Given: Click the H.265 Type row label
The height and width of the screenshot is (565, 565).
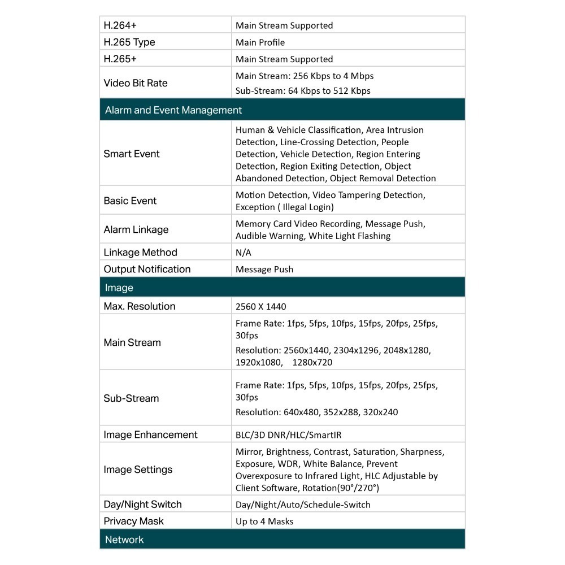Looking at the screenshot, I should coord(129,42).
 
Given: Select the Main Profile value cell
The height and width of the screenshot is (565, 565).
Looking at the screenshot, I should coord(260,42).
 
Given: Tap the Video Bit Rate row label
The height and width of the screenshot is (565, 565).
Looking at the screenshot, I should coord(136,83).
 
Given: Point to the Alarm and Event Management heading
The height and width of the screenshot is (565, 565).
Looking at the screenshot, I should coord(173,110).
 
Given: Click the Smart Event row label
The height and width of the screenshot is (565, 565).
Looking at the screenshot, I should coord(132,154).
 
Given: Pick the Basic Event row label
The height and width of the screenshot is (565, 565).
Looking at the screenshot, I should coord(130,201).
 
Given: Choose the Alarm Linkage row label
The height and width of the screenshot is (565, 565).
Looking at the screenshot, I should coord(136,229).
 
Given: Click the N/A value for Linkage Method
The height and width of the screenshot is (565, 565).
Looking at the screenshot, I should coord(244,253).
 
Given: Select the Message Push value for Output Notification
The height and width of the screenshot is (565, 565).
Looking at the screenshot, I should coord(264,270).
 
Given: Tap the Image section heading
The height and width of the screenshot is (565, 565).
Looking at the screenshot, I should coord(119,288).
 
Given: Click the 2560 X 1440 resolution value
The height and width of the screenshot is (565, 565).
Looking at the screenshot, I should coord(261,307).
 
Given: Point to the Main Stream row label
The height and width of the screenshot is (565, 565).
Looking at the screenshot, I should coord(132,342).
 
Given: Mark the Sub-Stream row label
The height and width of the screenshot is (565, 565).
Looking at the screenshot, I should coord(131,398).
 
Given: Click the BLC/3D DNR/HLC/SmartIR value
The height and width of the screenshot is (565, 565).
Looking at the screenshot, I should coord(289,435).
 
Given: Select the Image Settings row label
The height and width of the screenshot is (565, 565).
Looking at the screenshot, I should coord(138,470).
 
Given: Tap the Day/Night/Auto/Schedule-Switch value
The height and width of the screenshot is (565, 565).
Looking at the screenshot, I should coord(303,505).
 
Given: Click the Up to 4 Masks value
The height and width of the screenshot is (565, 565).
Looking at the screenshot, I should coord(264,521).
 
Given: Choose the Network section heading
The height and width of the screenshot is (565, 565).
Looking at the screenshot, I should coord(124,540).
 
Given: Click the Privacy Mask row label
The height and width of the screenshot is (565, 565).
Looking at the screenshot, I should coord(134,521).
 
